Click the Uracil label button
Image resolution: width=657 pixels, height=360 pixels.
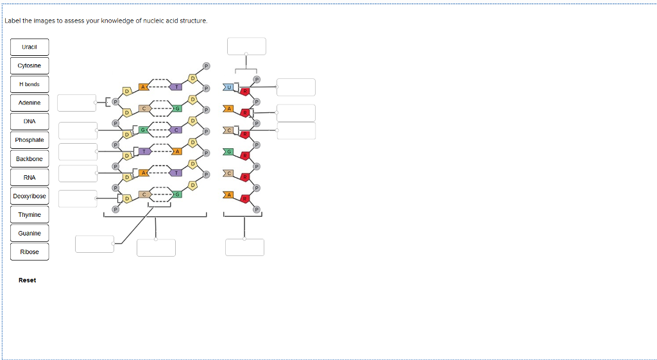pyautogui.click(x=30, y=47)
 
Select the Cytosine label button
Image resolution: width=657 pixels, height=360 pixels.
pyautogui.click(x=30, y=65)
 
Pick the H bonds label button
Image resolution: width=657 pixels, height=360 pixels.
pyautogui.click(x=30, y=84)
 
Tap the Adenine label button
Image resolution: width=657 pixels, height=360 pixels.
pyautogui.click(x=30, y=103)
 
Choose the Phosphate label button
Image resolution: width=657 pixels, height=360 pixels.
pyautogui.click(x=30, y=140)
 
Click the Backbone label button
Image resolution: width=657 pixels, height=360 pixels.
pyautogui.click(x=30, y=159)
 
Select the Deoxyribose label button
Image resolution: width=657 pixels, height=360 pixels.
pyautogui.click(x=30, y=196)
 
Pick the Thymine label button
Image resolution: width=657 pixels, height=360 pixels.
pyautogui.click(x=30, y=214)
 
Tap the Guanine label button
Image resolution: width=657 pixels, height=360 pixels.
pyautogui.click(x=30, y=233)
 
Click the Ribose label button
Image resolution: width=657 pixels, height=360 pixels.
pyautogui.click(x=30, y=252)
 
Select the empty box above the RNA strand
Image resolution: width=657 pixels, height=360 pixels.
pyautogui.click(x=246, y=46)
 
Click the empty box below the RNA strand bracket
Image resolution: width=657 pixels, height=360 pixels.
pyautogui.click(x=244, y=247)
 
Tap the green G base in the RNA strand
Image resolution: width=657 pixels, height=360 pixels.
pyautogui.click(x=228, y=152)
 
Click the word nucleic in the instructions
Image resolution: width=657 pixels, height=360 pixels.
pyautogui.click(x=157, y=21)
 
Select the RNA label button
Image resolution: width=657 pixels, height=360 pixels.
pyautogui.click(x=30, y=177)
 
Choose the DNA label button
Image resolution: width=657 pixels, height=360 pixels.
pyautogui.click(x=30, y=121)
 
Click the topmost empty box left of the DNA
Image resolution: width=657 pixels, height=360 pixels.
pyautogui.click(x=77, y=103)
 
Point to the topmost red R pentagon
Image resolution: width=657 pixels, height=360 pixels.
pyautogui.click(x=245, y=91)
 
